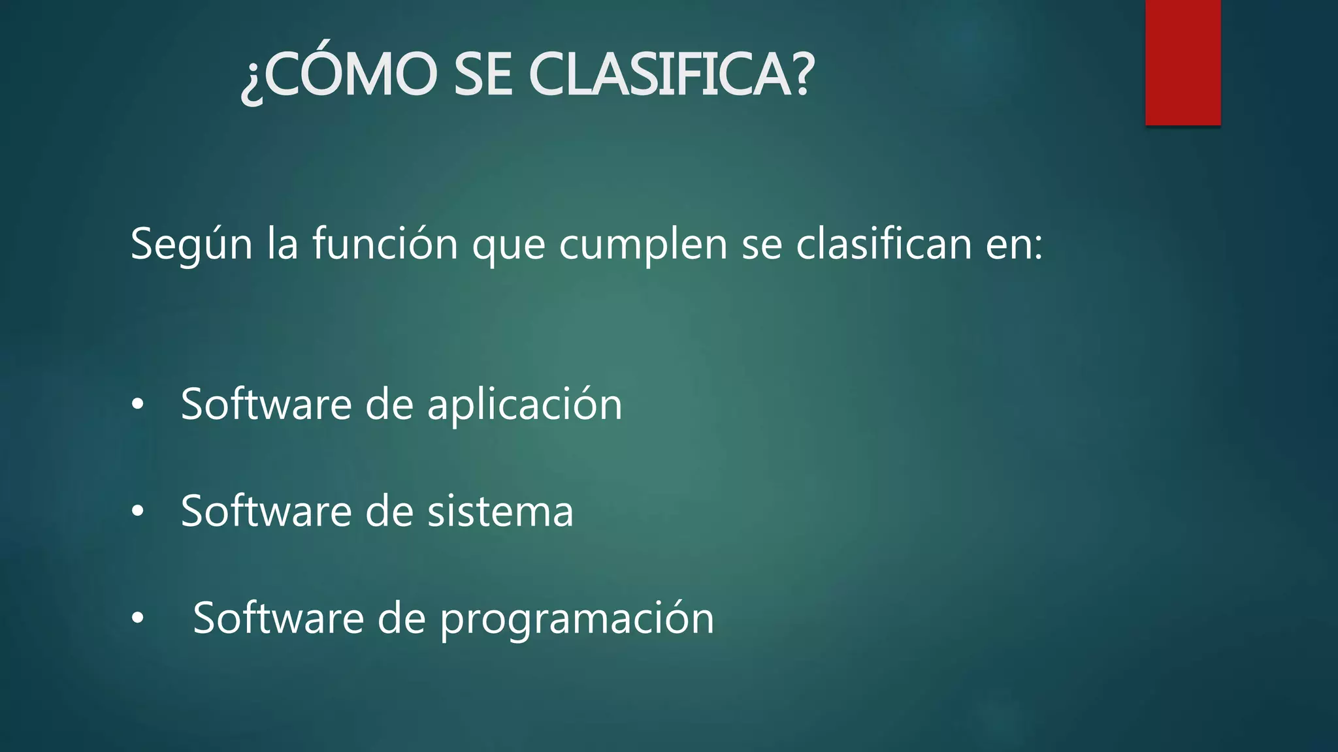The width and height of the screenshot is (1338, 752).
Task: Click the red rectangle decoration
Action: (1183, 62)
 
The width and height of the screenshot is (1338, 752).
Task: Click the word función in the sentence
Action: (385, 243)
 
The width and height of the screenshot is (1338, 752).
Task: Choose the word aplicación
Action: (525, 405)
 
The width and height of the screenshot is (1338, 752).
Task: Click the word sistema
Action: (500, 511)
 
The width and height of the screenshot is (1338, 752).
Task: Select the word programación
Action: (578, 619)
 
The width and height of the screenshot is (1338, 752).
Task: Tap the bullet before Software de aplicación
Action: (137, 405)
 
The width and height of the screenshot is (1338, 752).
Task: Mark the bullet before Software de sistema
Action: (137, 512)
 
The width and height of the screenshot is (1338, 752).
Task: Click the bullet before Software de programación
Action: (137, 618)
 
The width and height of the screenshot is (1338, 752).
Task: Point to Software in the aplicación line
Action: (266, 404)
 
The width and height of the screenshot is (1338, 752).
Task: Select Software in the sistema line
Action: (266, 510)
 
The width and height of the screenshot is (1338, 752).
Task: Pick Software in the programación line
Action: (278, 618)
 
